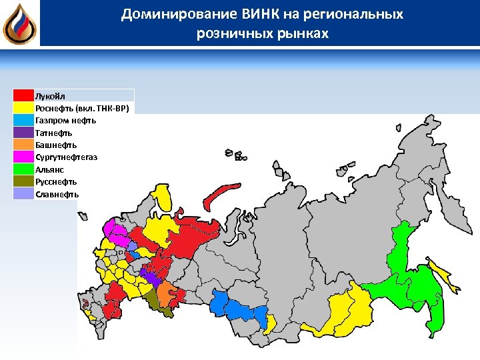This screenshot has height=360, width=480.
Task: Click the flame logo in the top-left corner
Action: pos(19,24)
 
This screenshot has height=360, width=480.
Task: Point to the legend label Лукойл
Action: pos(50,95)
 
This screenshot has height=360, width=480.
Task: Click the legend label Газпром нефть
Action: pos(65,120)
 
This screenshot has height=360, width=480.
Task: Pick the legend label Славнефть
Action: pos(57,194)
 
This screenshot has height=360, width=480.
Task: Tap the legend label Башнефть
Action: pos(56,145)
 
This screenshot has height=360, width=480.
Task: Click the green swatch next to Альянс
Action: pos(23,169)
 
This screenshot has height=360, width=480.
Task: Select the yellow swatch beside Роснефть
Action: pos(23,108)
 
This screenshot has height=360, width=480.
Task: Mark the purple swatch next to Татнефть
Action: pos(23,133)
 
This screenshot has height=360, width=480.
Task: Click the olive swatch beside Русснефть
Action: pos(23,181)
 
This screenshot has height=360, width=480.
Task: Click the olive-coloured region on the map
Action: pos(157,302)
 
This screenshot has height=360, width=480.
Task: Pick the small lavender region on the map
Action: pos(133,246)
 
